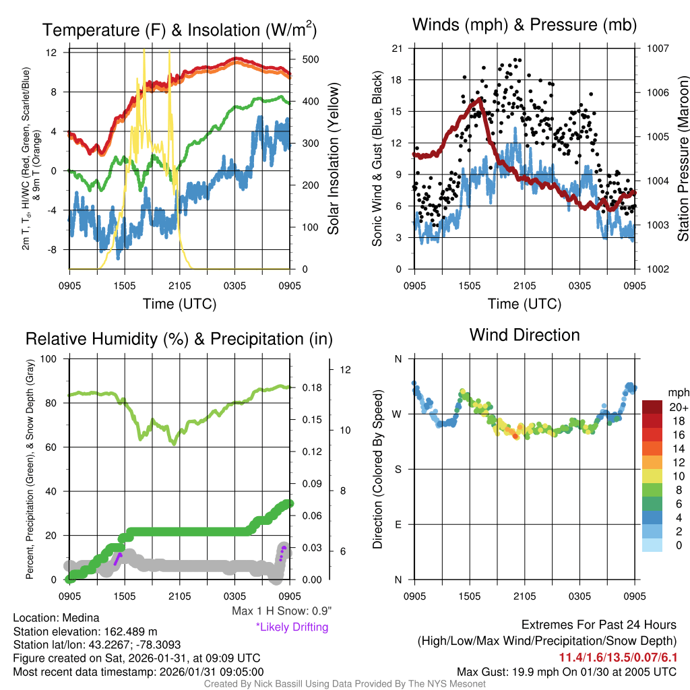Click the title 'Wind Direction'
524,335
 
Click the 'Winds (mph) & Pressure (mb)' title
524,25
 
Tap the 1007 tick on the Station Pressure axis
657,49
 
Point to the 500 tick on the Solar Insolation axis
310,59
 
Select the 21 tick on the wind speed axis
398,49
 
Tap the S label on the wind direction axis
398,469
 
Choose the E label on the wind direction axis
398,524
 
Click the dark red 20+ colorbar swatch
652,407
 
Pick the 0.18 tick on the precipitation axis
311,388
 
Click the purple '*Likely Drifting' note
292,627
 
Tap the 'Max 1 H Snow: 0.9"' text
282,611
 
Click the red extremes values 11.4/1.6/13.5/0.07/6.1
618,657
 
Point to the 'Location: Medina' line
56,618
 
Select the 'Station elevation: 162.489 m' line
85,631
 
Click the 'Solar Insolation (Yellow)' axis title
333,159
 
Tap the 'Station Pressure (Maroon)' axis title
683,159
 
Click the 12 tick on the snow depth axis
347,370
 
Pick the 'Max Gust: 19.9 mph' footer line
566,671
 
